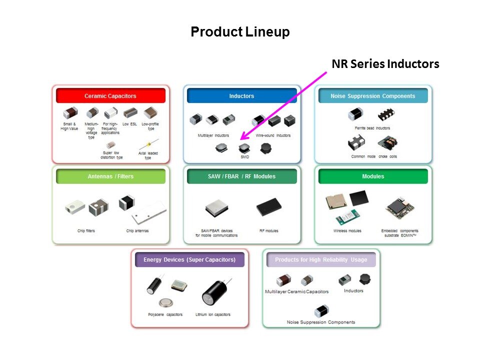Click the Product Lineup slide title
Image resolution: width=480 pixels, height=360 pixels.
240,32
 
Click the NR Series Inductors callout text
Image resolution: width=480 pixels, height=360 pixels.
385,64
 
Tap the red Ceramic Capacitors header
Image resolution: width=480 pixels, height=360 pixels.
110,95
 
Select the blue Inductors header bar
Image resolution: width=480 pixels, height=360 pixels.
241,95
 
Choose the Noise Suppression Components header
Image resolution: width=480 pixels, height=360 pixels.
373,95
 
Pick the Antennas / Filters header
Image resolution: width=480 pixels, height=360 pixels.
110,176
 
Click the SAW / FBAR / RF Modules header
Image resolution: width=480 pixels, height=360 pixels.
241,176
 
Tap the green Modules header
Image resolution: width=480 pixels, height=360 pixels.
373,176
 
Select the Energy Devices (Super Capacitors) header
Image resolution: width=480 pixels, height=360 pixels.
189,259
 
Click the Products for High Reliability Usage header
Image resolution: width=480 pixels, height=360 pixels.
321,259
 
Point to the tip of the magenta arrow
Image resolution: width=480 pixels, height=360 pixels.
241,139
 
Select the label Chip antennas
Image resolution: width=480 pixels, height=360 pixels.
137,231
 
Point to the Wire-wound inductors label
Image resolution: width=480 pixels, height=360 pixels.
273,135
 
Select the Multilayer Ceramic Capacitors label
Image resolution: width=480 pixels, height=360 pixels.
297,291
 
